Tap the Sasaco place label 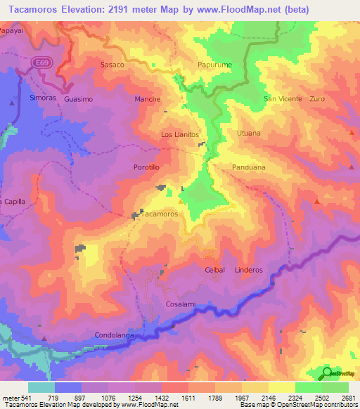click(x=112, y=65)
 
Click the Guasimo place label click(x=78, y=100)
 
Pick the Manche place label click(x=148, y=100)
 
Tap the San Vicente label click(x=283, y=99)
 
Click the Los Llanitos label click(x=181, y=134)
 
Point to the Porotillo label click(x=147, y=167)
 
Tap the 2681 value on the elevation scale click(x=348, y=398)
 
